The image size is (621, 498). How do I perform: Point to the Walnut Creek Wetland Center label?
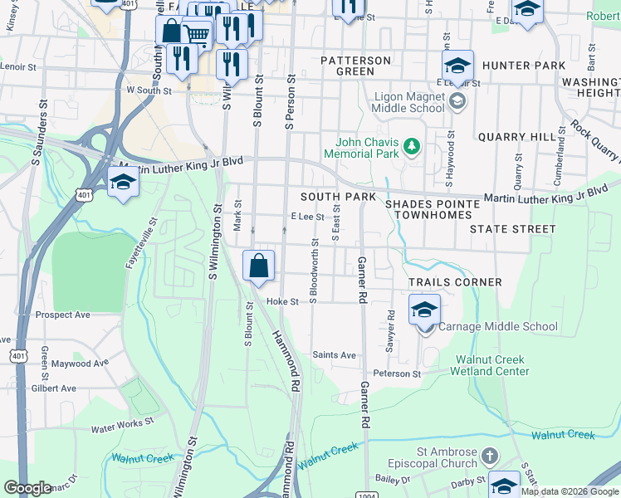pos(491,365)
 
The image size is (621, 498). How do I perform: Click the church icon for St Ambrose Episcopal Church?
pos(490,456)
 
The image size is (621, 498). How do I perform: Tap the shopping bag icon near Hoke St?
pos(259,266)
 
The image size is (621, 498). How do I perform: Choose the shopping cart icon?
pos(197,34)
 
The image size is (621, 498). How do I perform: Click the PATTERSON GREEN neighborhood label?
pos(355,66)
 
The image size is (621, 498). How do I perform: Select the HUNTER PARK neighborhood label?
pos(523,66)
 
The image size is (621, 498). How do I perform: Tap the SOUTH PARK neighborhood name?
pos(338,197)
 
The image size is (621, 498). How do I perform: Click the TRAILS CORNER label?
pos(455,282)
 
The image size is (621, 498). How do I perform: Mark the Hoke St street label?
pos(282,302)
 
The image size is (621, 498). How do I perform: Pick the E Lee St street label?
pos(306,216)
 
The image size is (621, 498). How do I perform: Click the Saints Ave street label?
pos(334,355)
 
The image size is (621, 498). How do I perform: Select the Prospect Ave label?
pos(63,315)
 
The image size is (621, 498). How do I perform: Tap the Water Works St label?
pos(123,425)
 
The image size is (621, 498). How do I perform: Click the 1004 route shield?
pos(368,495)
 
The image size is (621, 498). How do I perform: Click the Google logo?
pos(28,488)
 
